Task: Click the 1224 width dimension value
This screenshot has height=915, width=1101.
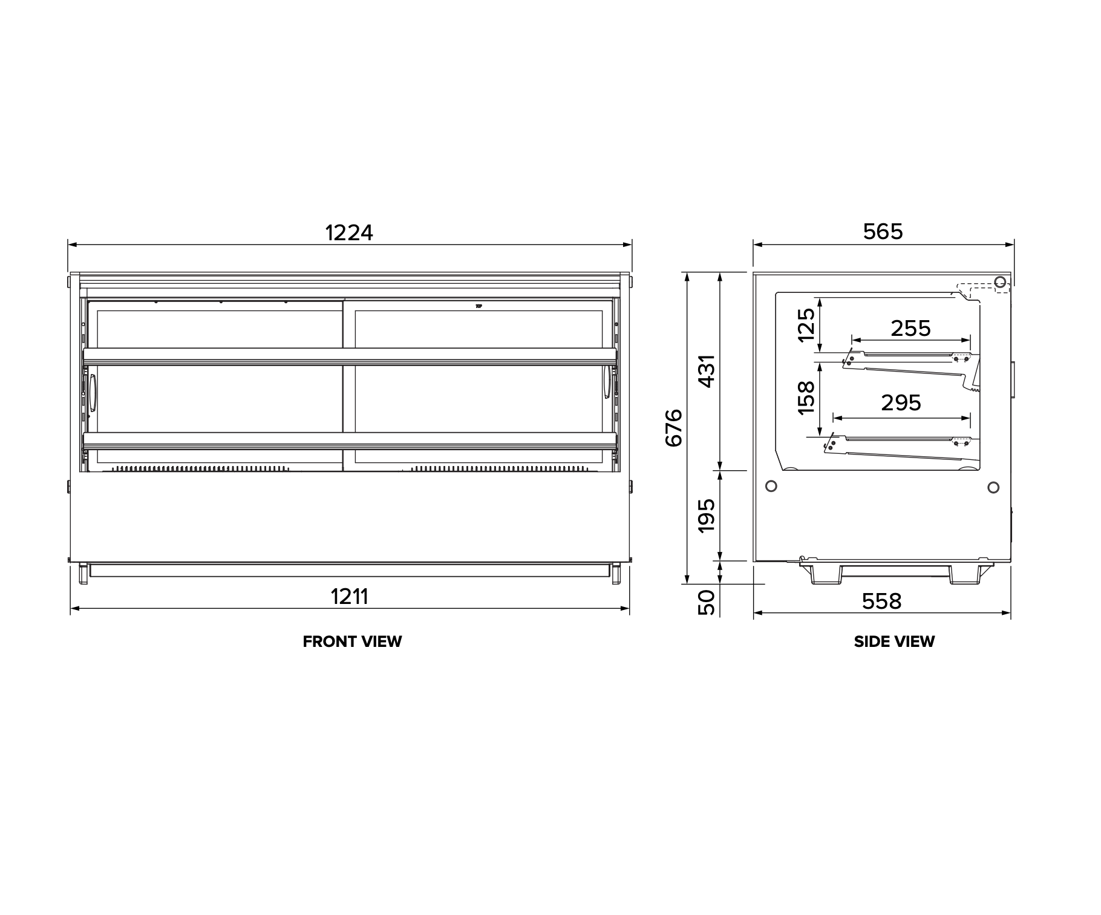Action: [350, 232]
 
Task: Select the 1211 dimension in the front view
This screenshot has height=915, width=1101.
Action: [350, 597]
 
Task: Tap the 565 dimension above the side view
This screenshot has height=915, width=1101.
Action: [883, 231]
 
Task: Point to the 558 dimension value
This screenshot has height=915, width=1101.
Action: [882, 601]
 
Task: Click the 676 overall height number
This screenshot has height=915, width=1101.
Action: [674, 428]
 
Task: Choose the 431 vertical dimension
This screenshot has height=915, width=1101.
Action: [707, 370]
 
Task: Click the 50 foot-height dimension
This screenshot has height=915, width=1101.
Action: [707, 602]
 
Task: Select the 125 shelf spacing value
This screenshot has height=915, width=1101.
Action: [806, 324]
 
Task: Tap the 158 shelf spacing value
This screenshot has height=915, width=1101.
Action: [806, 397]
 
